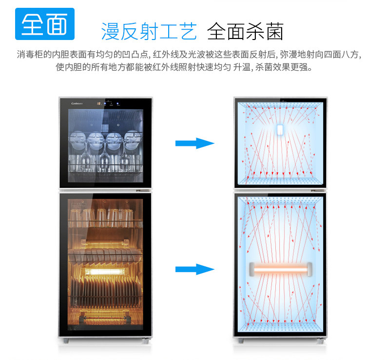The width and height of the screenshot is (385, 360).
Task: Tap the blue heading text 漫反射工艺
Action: [149, 31]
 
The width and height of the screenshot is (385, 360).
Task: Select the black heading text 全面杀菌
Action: [245, 31]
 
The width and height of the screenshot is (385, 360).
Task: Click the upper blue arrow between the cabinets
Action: [194, 143]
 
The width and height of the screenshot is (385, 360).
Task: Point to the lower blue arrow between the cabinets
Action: [194, 269]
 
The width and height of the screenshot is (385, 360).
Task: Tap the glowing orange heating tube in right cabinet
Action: [280, 268]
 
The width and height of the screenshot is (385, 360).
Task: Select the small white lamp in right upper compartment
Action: [280, 130]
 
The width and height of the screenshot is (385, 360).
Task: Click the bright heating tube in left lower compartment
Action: [106, 269]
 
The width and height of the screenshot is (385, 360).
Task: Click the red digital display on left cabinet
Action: [99, 103]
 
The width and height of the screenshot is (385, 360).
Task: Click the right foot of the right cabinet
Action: [320, 340]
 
